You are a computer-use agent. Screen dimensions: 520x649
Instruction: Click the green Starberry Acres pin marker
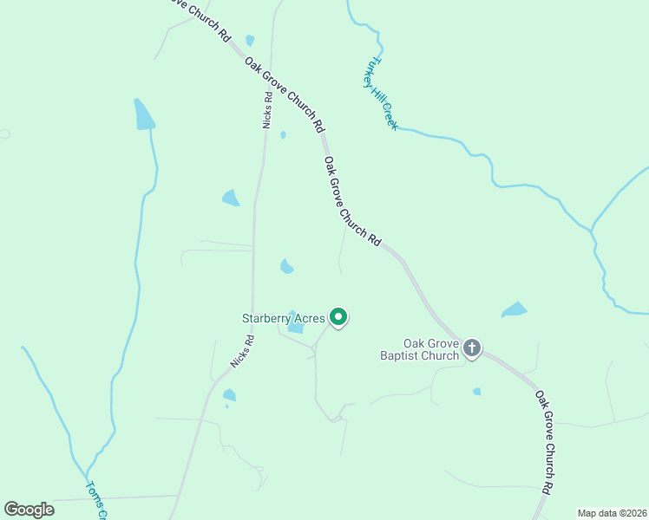339,318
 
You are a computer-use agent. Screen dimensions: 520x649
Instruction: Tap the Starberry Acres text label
283,318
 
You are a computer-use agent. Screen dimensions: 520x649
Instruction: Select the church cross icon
471,348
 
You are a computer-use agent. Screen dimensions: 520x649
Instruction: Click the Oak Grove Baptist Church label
419,349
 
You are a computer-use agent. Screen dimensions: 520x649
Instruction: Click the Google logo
29,510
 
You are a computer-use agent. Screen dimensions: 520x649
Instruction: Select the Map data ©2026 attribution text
612,513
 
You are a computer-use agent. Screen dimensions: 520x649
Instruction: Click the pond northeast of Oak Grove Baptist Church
515,309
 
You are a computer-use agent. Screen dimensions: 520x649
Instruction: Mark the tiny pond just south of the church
477,392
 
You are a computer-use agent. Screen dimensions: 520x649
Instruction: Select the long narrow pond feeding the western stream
143,114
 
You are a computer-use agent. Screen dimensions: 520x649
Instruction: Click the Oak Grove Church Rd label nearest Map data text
544,442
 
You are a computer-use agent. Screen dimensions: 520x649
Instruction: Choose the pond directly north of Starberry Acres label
286,266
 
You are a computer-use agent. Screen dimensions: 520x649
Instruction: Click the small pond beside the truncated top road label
250,40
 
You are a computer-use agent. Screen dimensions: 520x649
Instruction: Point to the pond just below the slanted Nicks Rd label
229,395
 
